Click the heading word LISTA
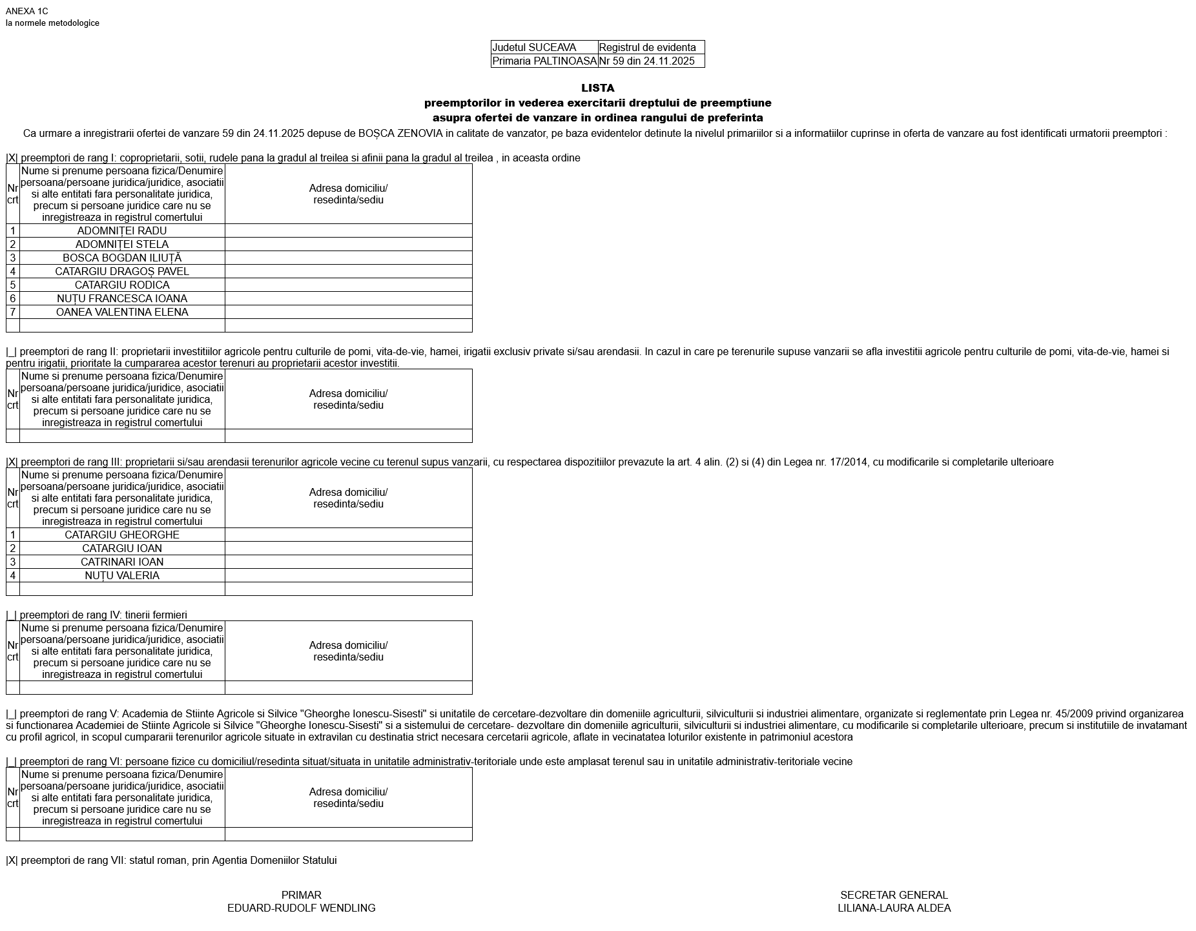597,88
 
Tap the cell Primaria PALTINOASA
544,61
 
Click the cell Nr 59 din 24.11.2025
646,61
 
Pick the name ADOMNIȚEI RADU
122,230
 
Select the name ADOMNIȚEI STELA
122,244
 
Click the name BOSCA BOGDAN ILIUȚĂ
122,258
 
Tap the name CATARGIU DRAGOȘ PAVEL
122,271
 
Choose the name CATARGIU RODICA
122,285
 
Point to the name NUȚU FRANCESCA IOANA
122,298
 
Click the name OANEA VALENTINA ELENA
122,312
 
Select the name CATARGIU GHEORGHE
122,535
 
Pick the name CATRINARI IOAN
122,562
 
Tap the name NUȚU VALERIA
122,575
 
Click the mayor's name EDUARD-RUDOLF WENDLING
301,908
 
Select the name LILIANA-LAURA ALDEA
894,908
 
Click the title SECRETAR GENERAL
894,895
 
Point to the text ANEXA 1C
26,11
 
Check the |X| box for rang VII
12,860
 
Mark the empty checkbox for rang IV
12,615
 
